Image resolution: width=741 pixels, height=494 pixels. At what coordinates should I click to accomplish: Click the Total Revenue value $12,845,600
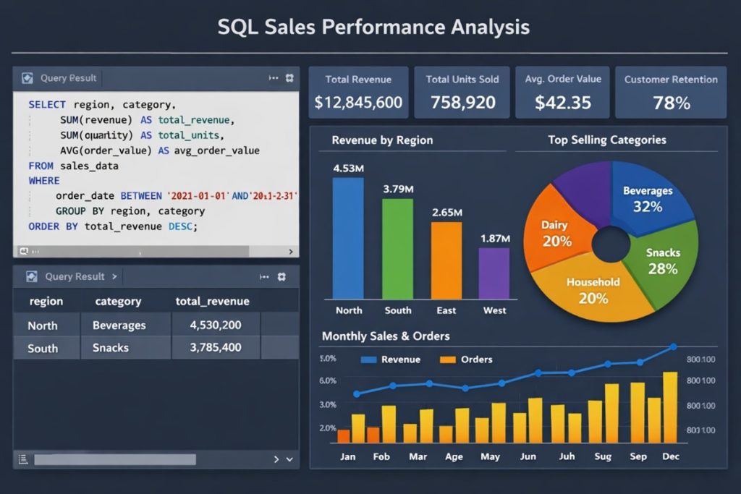(358, 103)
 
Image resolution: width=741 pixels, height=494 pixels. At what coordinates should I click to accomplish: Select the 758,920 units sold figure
(462, 103)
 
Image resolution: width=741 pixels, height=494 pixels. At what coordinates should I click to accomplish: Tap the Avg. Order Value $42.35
(563, 103)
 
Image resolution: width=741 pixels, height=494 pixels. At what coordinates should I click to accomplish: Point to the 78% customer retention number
(671, 103)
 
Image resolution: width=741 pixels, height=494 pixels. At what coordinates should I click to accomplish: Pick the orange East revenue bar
(446, 260)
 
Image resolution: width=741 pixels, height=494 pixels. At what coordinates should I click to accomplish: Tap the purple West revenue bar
(495, 273)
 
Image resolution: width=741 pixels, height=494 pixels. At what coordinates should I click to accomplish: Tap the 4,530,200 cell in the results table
(215, 325)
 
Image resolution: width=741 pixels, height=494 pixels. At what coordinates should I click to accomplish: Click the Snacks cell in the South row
(111, 348)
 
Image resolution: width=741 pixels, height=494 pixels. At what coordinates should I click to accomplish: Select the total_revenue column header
(212, 302)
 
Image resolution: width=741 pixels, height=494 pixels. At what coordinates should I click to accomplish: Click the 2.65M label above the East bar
(446, 213)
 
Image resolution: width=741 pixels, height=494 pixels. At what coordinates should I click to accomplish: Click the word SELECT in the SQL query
(47, 104)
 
